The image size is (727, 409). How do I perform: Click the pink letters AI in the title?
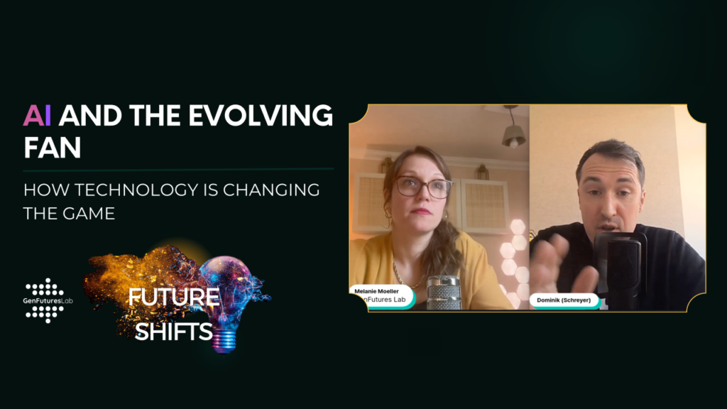(x=37, y=116)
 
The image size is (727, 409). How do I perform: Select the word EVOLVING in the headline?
(x=261, y=116)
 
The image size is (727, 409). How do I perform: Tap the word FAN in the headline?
(x=53, y=148)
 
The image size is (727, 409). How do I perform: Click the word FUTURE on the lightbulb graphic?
(x=174, y=298)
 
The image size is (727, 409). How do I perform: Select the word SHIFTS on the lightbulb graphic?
(x=173, y=332)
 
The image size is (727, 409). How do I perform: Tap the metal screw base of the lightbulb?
(x=224, y=342)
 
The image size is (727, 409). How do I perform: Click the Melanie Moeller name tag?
(x=381, y=296)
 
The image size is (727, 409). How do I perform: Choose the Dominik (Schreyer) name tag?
(x=564, y=300)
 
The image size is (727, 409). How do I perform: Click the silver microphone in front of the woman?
(x=444, y=292)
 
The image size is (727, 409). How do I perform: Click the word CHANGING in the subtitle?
(x=271, y=190)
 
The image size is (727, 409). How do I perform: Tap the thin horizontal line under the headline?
(x=178, y=169)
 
